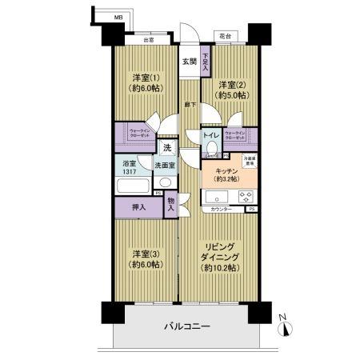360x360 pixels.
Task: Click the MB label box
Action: click(118, 16)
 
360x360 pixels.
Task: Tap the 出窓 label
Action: click(149, 39)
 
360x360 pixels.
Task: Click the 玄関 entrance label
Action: click(187, 62)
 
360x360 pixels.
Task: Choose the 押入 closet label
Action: click(138, 208)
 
